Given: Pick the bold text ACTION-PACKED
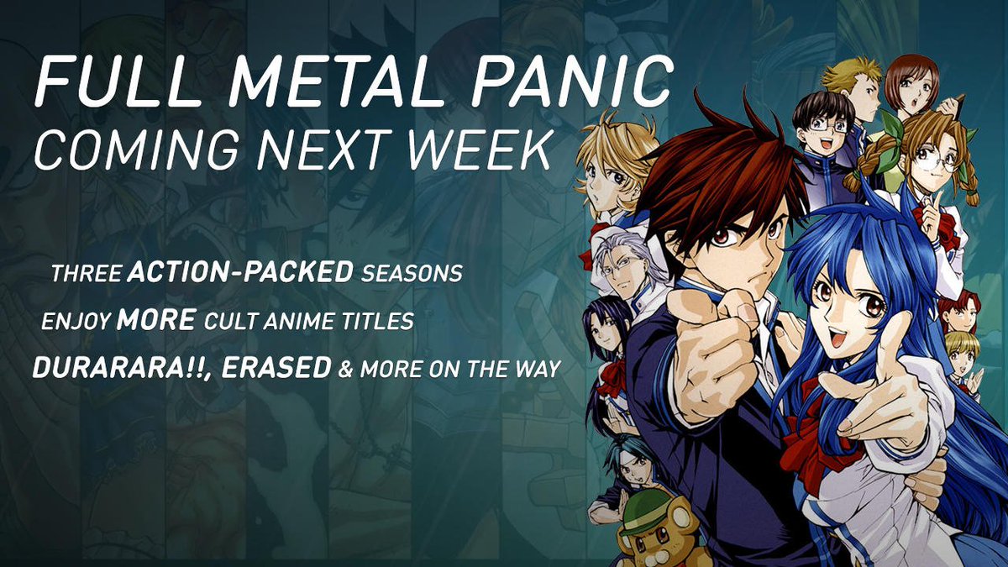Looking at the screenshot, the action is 241,272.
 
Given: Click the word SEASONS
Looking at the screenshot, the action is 412,273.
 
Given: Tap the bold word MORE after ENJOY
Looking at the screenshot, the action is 156,320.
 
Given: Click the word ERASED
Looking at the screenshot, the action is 276,368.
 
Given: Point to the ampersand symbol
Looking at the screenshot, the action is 345,370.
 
